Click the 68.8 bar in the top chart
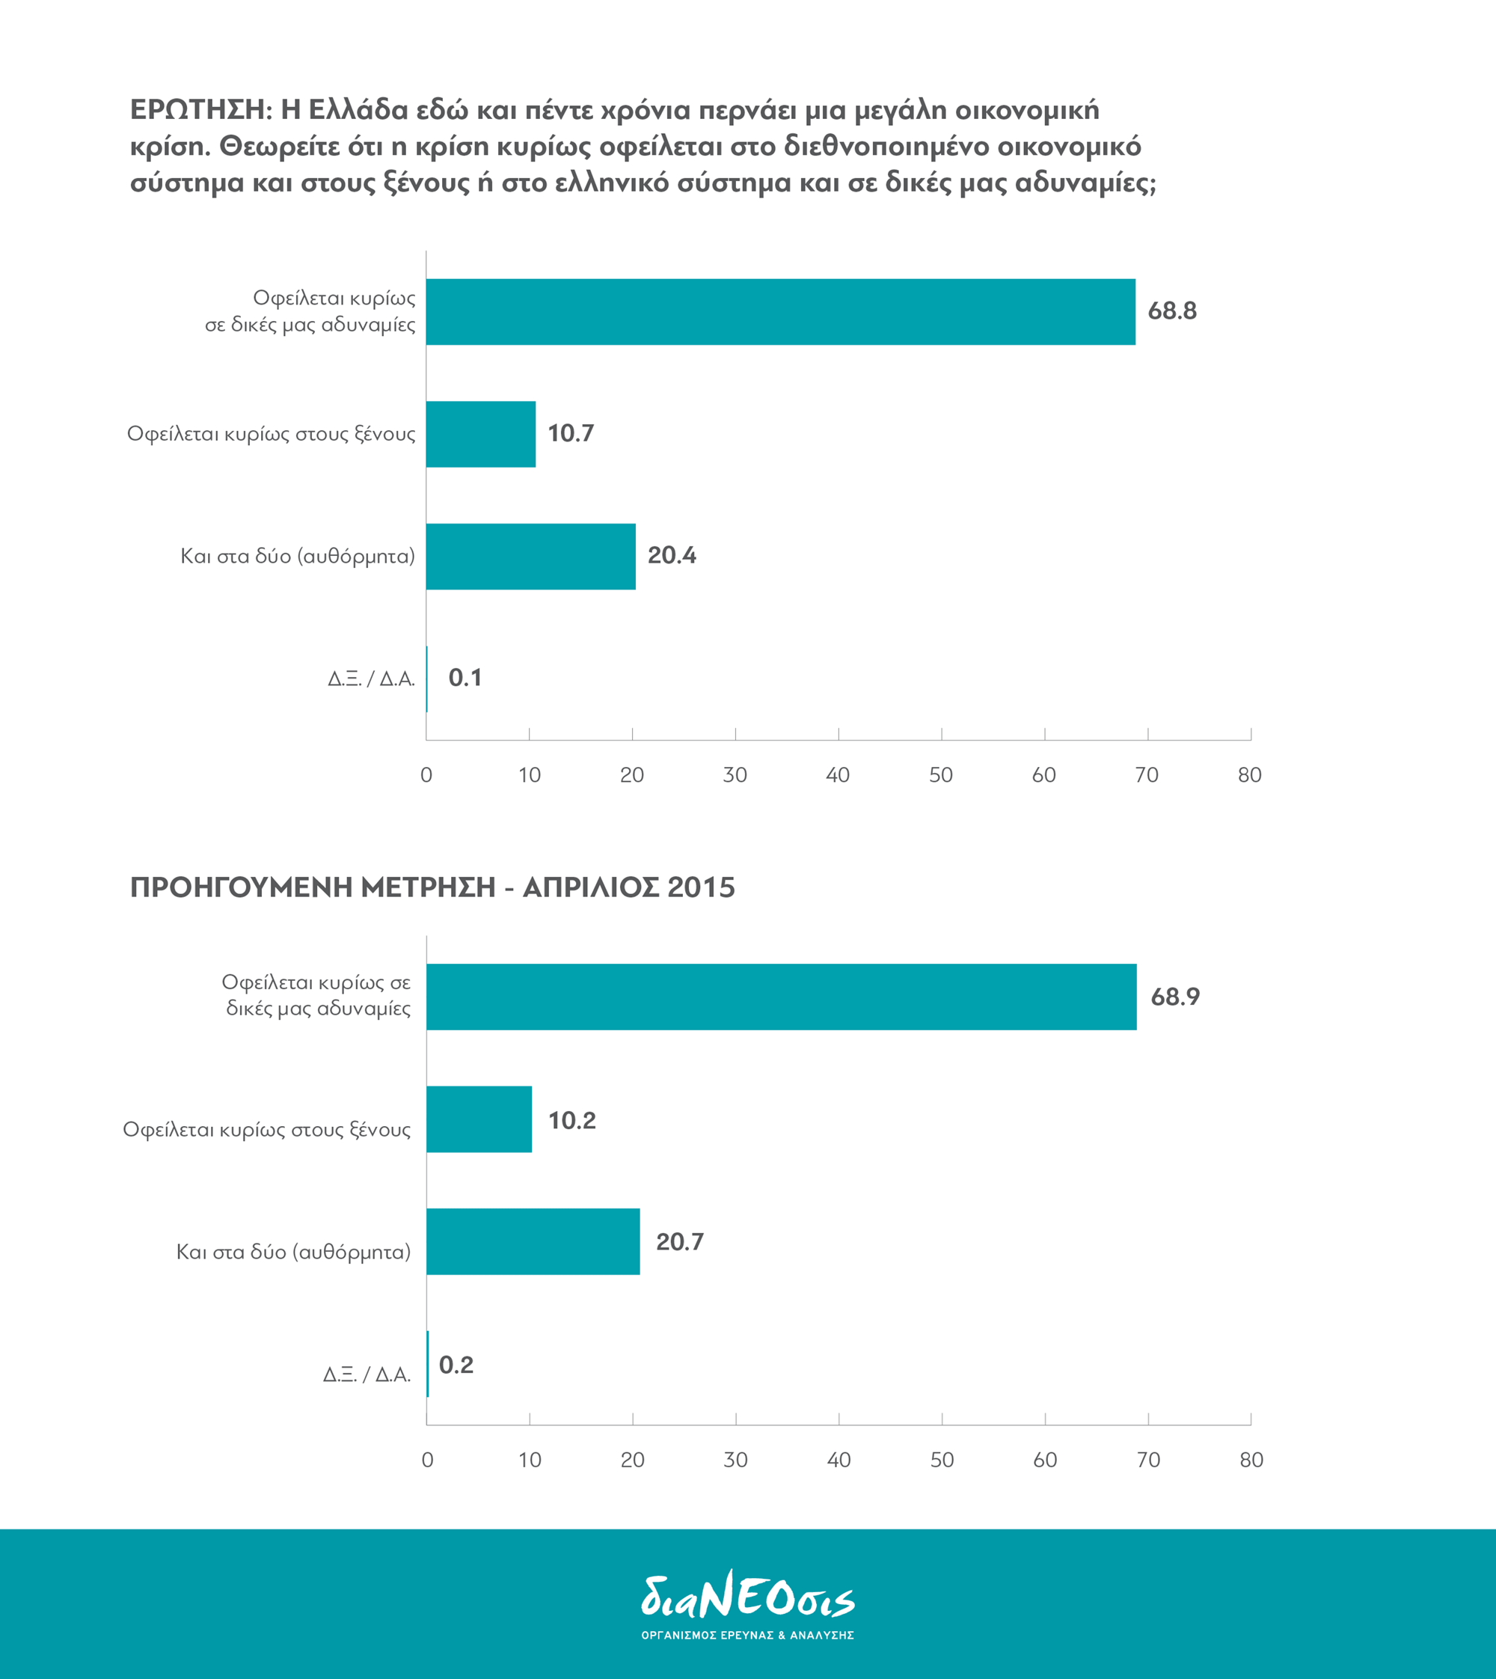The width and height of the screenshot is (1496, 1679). pos(781,311)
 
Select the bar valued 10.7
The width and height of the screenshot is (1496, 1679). pos(481,434)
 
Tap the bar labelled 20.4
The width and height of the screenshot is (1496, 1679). pos(531,557)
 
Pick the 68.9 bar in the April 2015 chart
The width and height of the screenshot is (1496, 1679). pos(782,997)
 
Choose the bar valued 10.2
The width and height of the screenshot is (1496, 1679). pos(479,1119)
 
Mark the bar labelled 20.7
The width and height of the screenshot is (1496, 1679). pos(533,1241)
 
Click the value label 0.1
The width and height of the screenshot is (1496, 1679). pos(465,678)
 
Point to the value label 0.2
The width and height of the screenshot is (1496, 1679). pos(456,1365)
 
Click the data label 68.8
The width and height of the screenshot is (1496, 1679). pos(1172,311)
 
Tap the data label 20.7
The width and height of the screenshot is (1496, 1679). pos(680,1241)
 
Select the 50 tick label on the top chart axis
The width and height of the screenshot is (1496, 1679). pos(941,774)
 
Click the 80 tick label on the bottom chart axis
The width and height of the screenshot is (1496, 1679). pos(1251,1460)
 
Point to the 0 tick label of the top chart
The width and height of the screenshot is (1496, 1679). pos(426,774)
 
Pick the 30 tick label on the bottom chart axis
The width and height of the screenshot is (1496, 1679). pos(736,1460)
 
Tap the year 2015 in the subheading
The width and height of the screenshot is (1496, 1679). pos(701,887)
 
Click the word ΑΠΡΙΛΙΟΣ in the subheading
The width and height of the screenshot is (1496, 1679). pos(589,887)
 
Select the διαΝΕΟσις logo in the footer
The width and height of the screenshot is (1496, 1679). pos(748,1605)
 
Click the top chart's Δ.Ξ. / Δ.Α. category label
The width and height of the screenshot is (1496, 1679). pos(372,679)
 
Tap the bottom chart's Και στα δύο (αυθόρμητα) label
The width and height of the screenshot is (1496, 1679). pos(293,1253)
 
